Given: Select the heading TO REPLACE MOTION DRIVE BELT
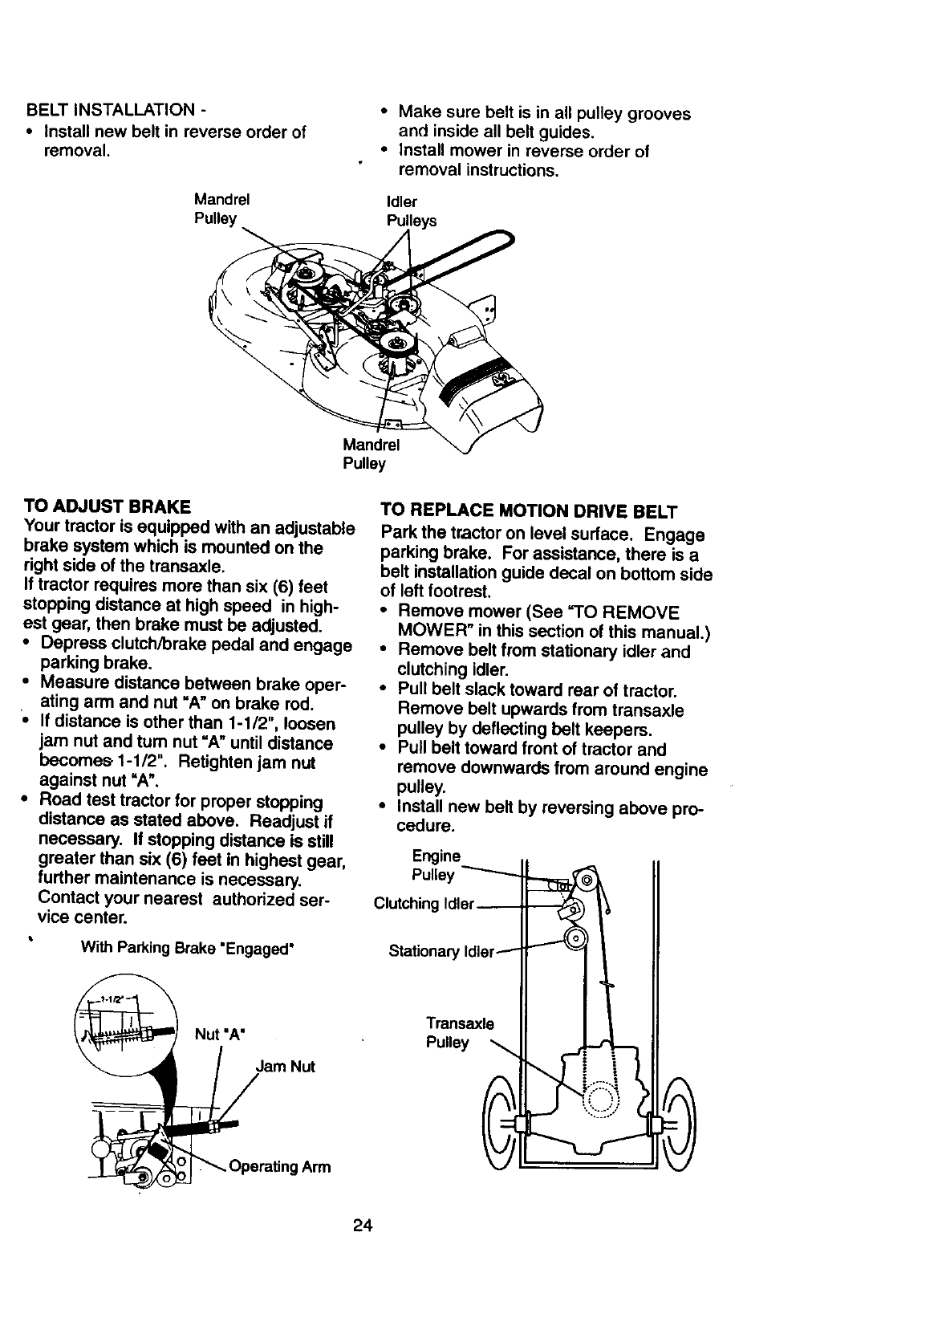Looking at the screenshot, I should (530, 511).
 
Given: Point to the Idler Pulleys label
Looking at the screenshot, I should (411, 211).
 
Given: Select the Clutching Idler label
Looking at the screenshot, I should (424, 904).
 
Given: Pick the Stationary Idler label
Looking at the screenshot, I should (441, 951).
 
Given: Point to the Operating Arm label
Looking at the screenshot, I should (279, 1166).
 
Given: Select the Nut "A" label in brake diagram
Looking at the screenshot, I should (219, 1033).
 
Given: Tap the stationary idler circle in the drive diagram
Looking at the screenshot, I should (575, 938).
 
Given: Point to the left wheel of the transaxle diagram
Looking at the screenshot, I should (498, 1122).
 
